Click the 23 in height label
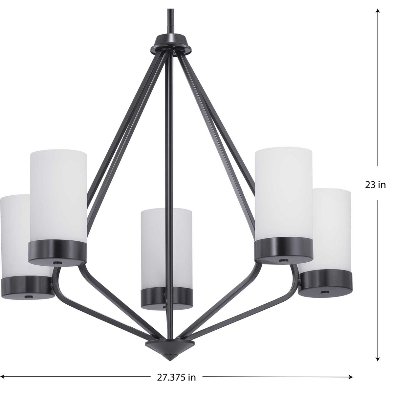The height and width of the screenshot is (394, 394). (375, 185)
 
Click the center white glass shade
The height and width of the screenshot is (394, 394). (166, 249)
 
